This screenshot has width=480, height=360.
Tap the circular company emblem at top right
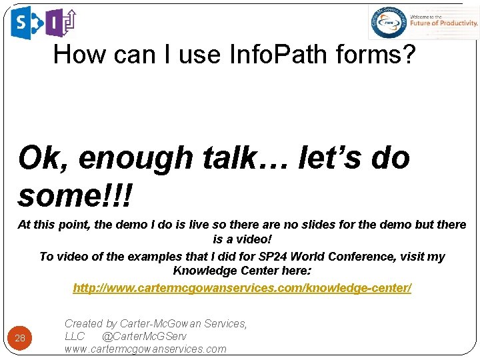[x=387, y=23]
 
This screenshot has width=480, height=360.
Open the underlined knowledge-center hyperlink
[x=242, y=288]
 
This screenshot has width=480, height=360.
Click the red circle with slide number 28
[x=20, y=338]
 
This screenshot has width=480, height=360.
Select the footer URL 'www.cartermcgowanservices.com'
[x=145, y=349]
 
